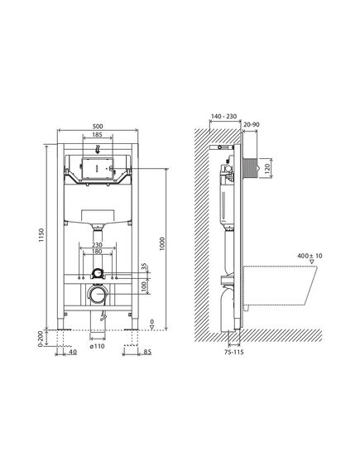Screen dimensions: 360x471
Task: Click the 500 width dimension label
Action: (98, 126)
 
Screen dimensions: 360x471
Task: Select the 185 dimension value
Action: (97, 135)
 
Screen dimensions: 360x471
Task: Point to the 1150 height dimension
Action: (41, 235)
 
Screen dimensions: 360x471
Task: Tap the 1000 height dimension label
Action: (162, 244)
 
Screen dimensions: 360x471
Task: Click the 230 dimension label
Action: (97, 245)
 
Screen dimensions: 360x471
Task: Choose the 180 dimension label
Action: (97, 252)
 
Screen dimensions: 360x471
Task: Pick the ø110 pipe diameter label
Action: (98, 346)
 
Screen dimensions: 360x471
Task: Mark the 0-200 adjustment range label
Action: (41, 339)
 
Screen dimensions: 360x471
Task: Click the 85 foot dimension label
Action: (147, 352)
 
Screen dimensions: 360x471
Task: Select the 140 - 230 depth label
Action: (223, 116)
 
